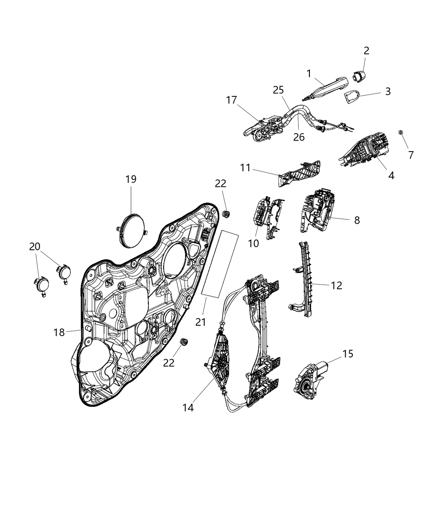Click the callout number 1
coord(309,74)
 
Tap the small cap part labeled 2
coord(359,76)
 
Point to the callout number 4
coord(391,176)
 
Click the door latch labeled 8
coord(318,211)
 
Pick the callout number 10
coord(253,243)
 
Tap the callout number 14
coord(188,407)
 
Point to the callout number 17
coord(231,100)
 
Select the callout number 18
coord(59,332)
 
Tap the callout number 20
coord(35,246)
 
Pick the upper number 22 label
coord(220,183)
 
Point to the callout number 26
coord(299,137)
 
